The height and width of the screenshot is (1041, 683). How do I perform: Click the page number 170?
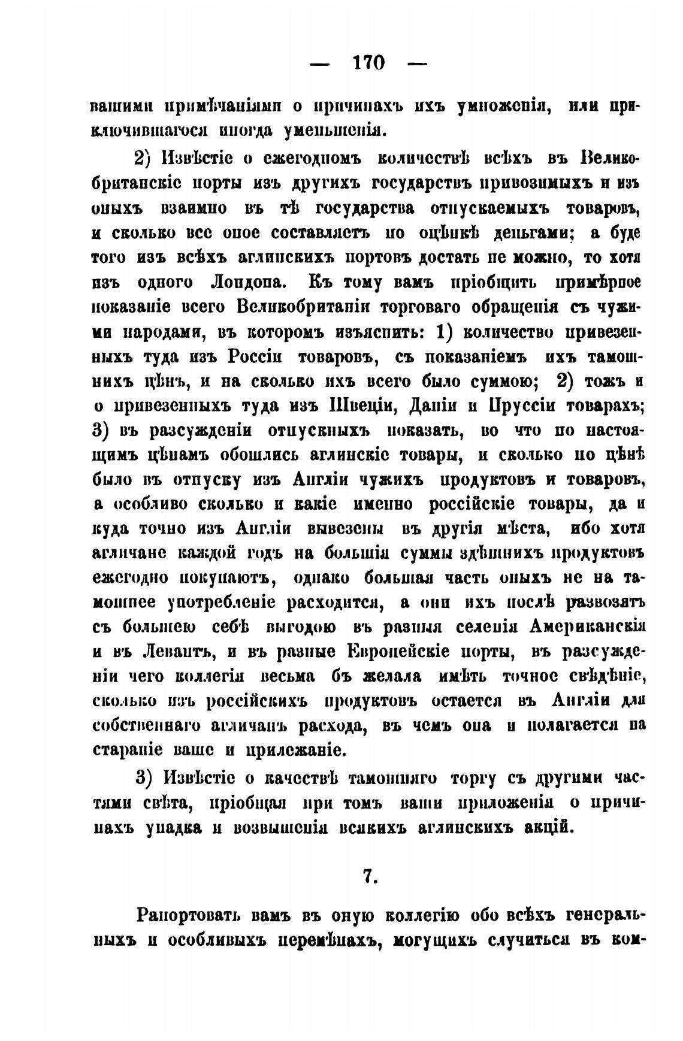pos(369,62)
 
